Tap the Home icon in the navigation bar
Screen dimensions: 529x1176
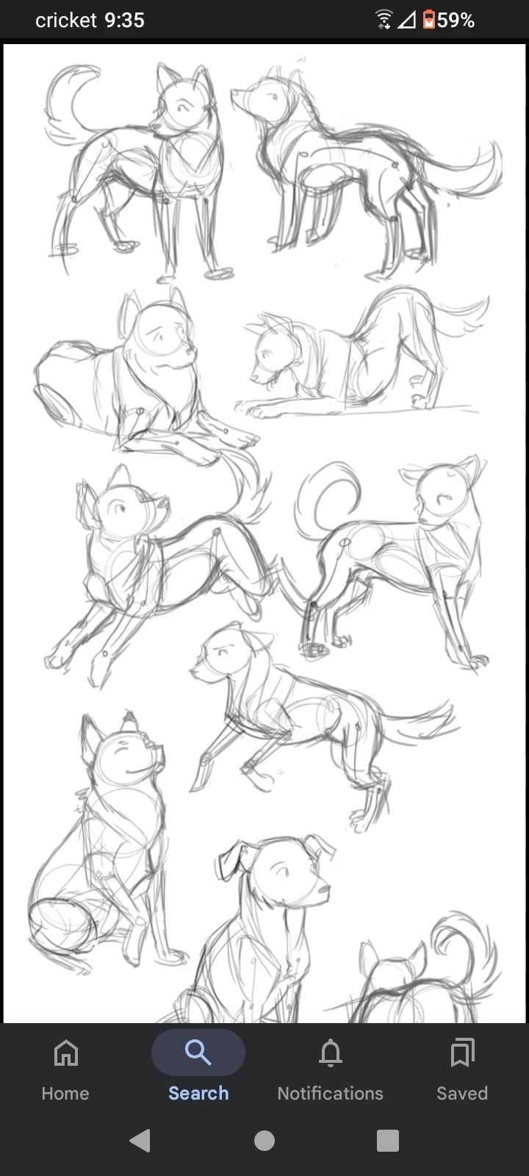tap(65, 1053)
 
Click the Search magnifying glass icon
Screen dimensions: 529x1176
tap(198, 1052)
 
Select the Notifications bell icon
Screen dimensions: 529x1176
tap(331, 1053)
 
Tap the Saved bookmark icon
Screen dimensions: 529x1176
tap(462, 1053)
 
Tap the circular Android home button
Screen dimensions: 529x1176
tap(264, 1141)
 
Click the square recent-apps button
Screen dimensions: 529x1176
tap(388, 1141)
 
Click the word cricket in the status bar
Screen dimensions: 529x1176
tap(66, 21)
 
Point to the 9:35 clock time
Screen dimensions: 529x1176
tap(124, 21)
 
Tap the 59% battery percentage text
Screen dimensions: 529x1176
tap(456, 21)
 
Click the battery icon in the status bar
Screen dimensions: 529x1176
tap(429, 20)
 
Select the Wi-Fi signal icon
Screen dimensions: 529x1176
tap(384, 20)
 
